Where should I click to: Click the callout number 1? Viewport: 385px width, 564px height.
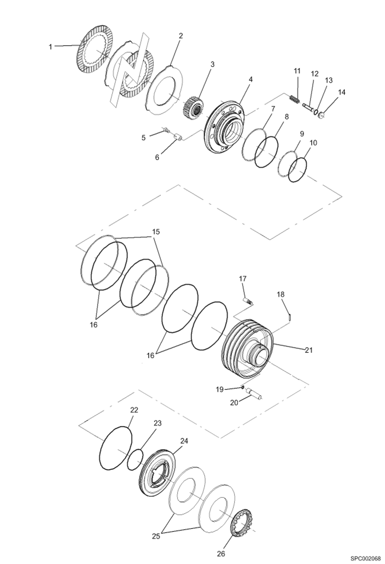(51, 47)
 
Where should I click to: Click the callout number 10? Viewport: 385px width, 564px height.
(313, 143)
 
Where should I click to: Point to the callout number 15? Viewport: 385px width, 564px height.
(156, 232)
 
